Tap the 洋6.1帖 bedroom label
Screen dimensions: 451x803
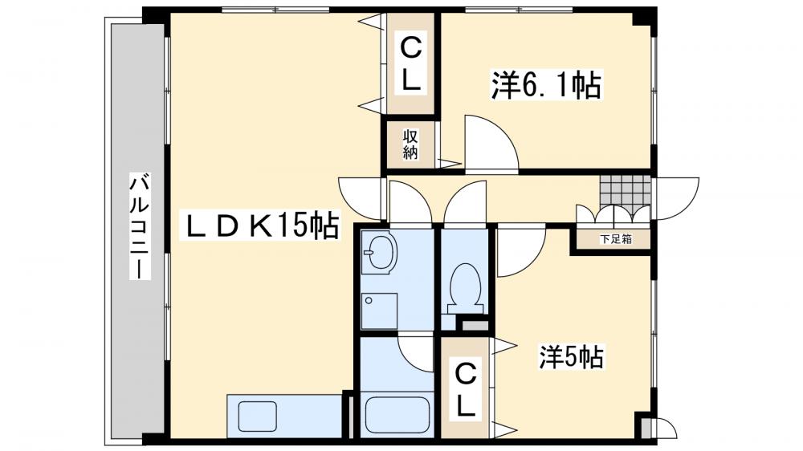pyautogui.click(x=546, y=85)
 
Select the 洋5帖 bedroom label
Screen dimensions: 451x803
pyautogui.click(x=570, y=356)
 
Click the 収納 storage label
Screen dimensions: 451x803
pyautogui.click(x=410, y=144)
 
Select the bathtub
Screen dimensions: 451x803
pyautogui.click(x=395, y=414)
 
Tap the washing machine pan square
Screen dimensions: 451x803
pyautogui.click(x=379, y=311)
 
